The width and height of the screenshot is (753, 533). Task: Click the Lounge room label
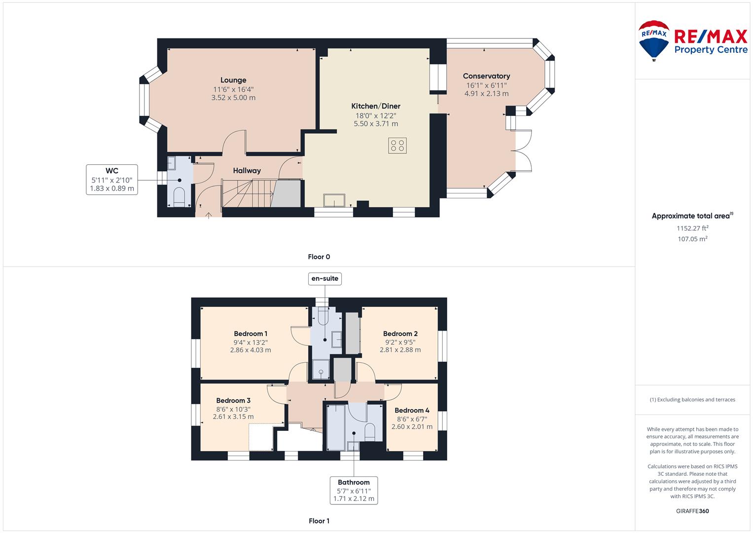coord(233,80)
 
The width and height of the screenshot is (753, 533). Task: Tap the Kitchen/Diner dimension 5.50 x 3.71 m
coord(376,124)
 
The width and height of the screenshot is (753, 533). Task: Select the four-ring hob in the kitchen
coord(397,146)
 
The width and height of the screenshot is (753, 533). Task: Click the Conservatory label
coord(486,76)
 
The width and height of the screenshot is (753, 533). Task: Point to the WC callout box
coord(112,180)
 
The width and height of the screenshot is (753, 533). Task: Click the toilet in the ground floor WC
coord(179,196)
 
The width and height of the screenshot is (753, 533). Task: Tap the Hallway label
coord(247,171)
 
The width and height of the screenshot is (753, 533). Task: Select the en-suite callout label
coord(325,279)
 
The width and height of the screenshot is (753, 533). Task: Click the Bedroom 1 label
coord(251,334)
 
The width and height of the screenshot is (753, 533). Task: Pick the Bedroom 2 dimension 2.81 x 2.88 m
coord(400,350)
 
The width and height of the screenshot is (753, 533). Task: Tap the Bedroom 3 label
coord(233,400)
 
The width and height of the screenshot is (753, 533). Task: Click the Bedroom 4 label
coord(412,410)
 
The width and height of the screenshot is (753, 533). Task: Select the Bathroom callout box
coord(354,490)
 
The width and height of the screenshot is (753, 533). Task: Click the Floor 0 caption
coord(319,257)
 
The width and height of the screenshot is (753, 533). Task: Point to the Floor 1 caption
coord(319,521)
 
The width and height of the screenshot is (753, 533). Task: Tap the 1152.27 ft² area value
coord(692,228)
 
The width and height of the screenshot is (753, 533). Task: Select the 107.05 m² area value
coord(692,239)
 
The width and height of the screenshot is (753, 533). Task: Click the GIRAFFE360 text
coord(692,511)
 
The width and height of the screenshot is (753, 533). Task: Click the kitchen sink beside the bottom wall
coord(334,200)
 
